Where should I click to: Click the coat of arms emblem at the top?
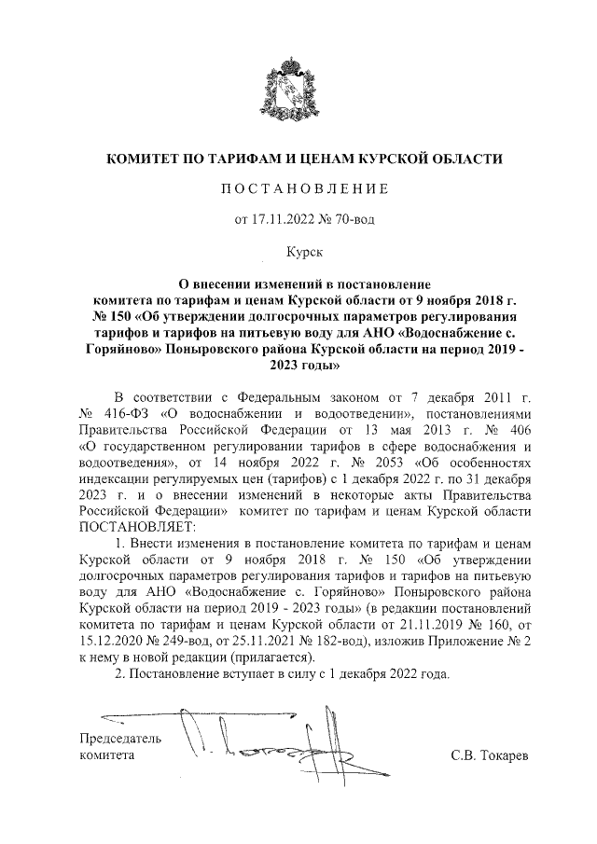click(x=298, y=84)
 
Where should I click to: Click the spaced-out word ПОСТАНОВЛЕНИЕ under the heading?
click(x=298, y=190)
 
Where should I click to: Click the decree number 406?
click(x=521, y=429)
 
